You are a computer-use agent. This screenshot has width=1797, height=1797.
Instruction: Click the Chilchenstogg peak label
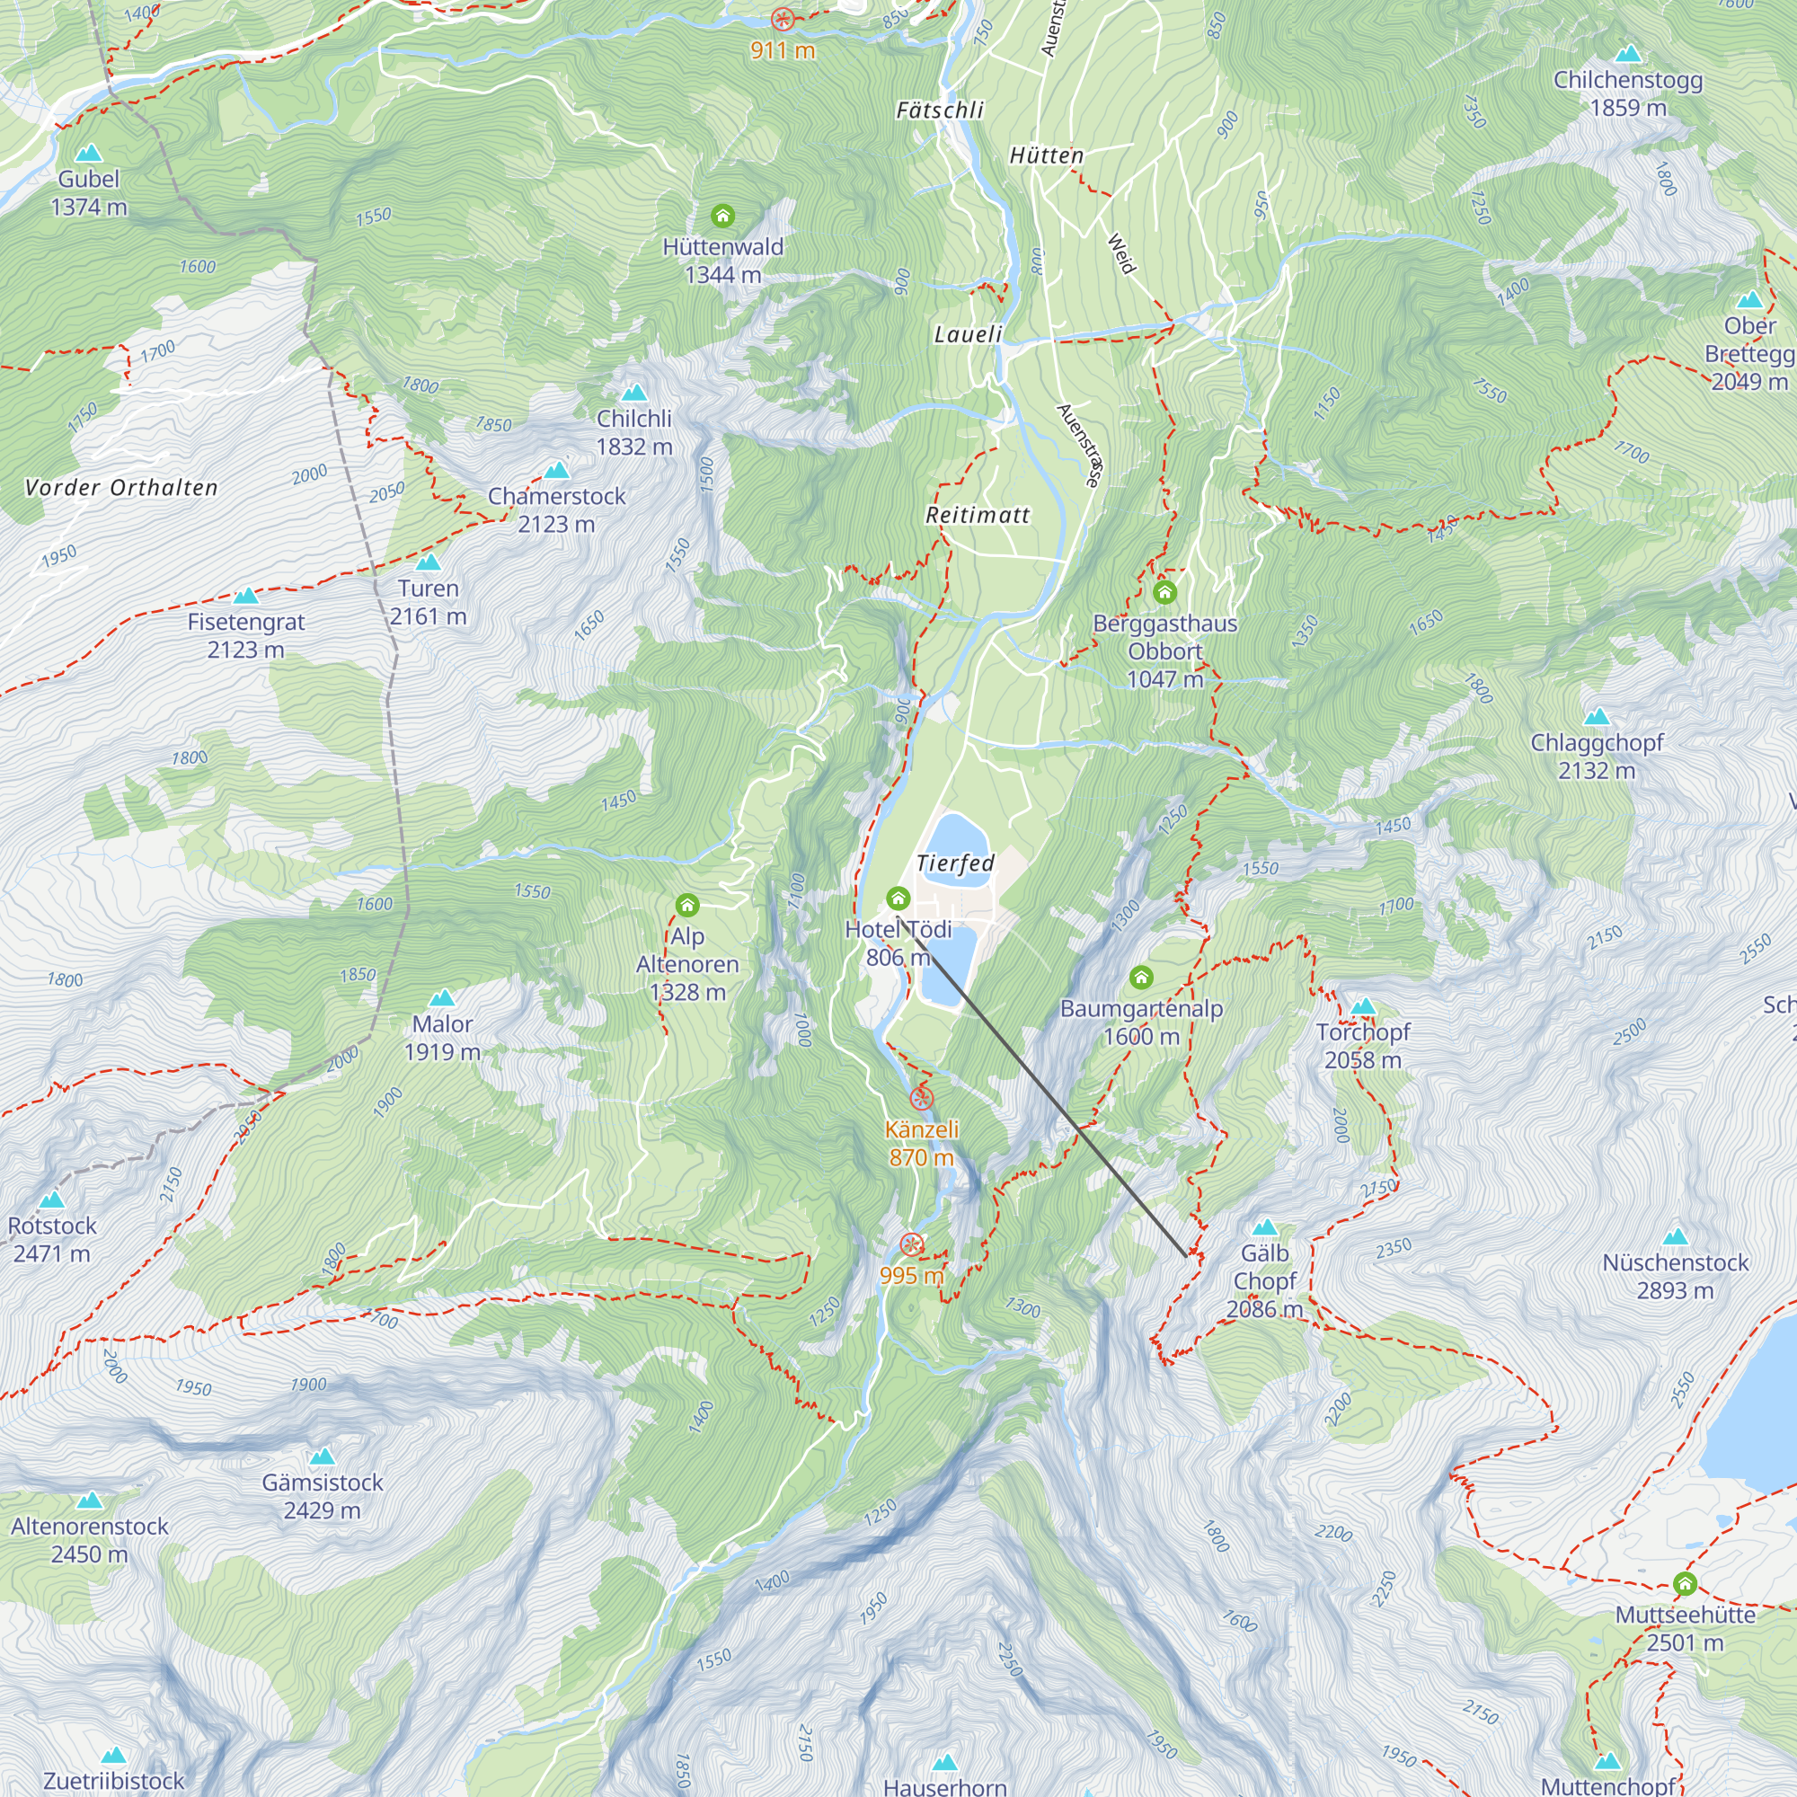click(1628, 93)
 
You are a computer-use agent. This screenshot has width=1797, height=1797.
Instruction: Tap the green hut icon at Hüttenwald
click(722, 217)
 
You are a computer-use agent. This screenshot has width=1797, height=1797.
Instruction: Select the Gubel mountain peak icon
click(88, 154)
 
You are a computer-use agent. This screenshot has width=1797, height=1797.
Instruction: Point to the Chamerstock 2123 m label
click(556, 509)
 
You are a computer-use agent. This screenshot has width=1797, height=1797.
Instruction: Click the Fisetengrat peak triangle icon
click(245, 597)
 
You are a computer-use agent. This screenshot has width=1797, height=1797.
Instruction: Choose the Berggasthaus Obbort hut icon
click(1164, 591)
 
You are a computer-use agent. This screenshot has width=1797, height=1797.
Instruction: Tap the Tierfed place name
click(955, 863)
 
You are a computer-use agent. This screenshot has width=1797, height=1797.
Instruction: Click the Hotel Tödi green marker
click(898, 898)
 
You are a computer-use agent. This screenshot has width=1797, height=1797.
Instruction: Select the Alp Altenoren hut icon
click(687, 905)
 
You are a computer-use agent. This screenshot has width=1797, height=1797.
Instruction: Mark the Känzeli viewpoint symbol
click(921, 1099)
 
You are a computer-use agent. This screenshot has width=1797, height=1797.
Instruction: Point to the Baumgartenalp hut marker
click(1141, 978)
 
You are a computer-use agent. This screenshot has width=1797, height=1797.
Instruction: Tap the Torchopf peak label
click(1363, 1046)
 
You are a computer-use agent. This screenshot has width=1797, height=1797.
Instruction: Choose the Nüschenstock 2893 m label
click(1675, 1276)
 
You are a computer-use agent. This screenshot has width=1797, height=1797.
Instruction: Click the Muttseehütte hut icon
click(1685, 1583)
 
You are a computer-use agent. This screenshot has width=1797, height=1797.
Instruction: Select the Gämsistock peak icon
click(322, 1456)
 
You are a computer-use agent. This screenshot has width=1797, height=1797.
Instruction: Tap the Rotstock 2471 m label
click(52, 1239)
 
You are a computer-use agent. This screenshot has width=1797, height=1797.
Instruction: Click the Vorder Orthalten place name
click(121, 487)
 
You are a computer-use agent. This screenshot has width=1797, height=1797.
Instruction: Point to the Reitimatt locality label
click(978, 515)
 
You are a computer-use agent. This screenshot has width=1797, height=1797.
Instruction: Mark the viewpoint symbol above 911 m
click(783, 19)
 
